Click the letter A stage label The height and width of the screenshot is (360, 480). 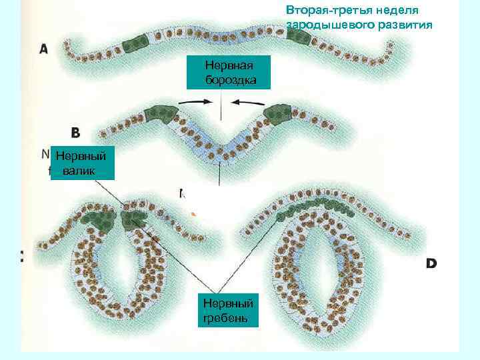[44, 49]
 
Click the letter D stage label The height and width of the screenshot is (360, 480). [431, 264]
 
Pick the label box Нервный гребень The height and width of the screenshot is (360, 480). [225, 307]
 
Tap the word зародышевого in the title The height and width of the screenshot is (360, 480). [318, 25]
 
